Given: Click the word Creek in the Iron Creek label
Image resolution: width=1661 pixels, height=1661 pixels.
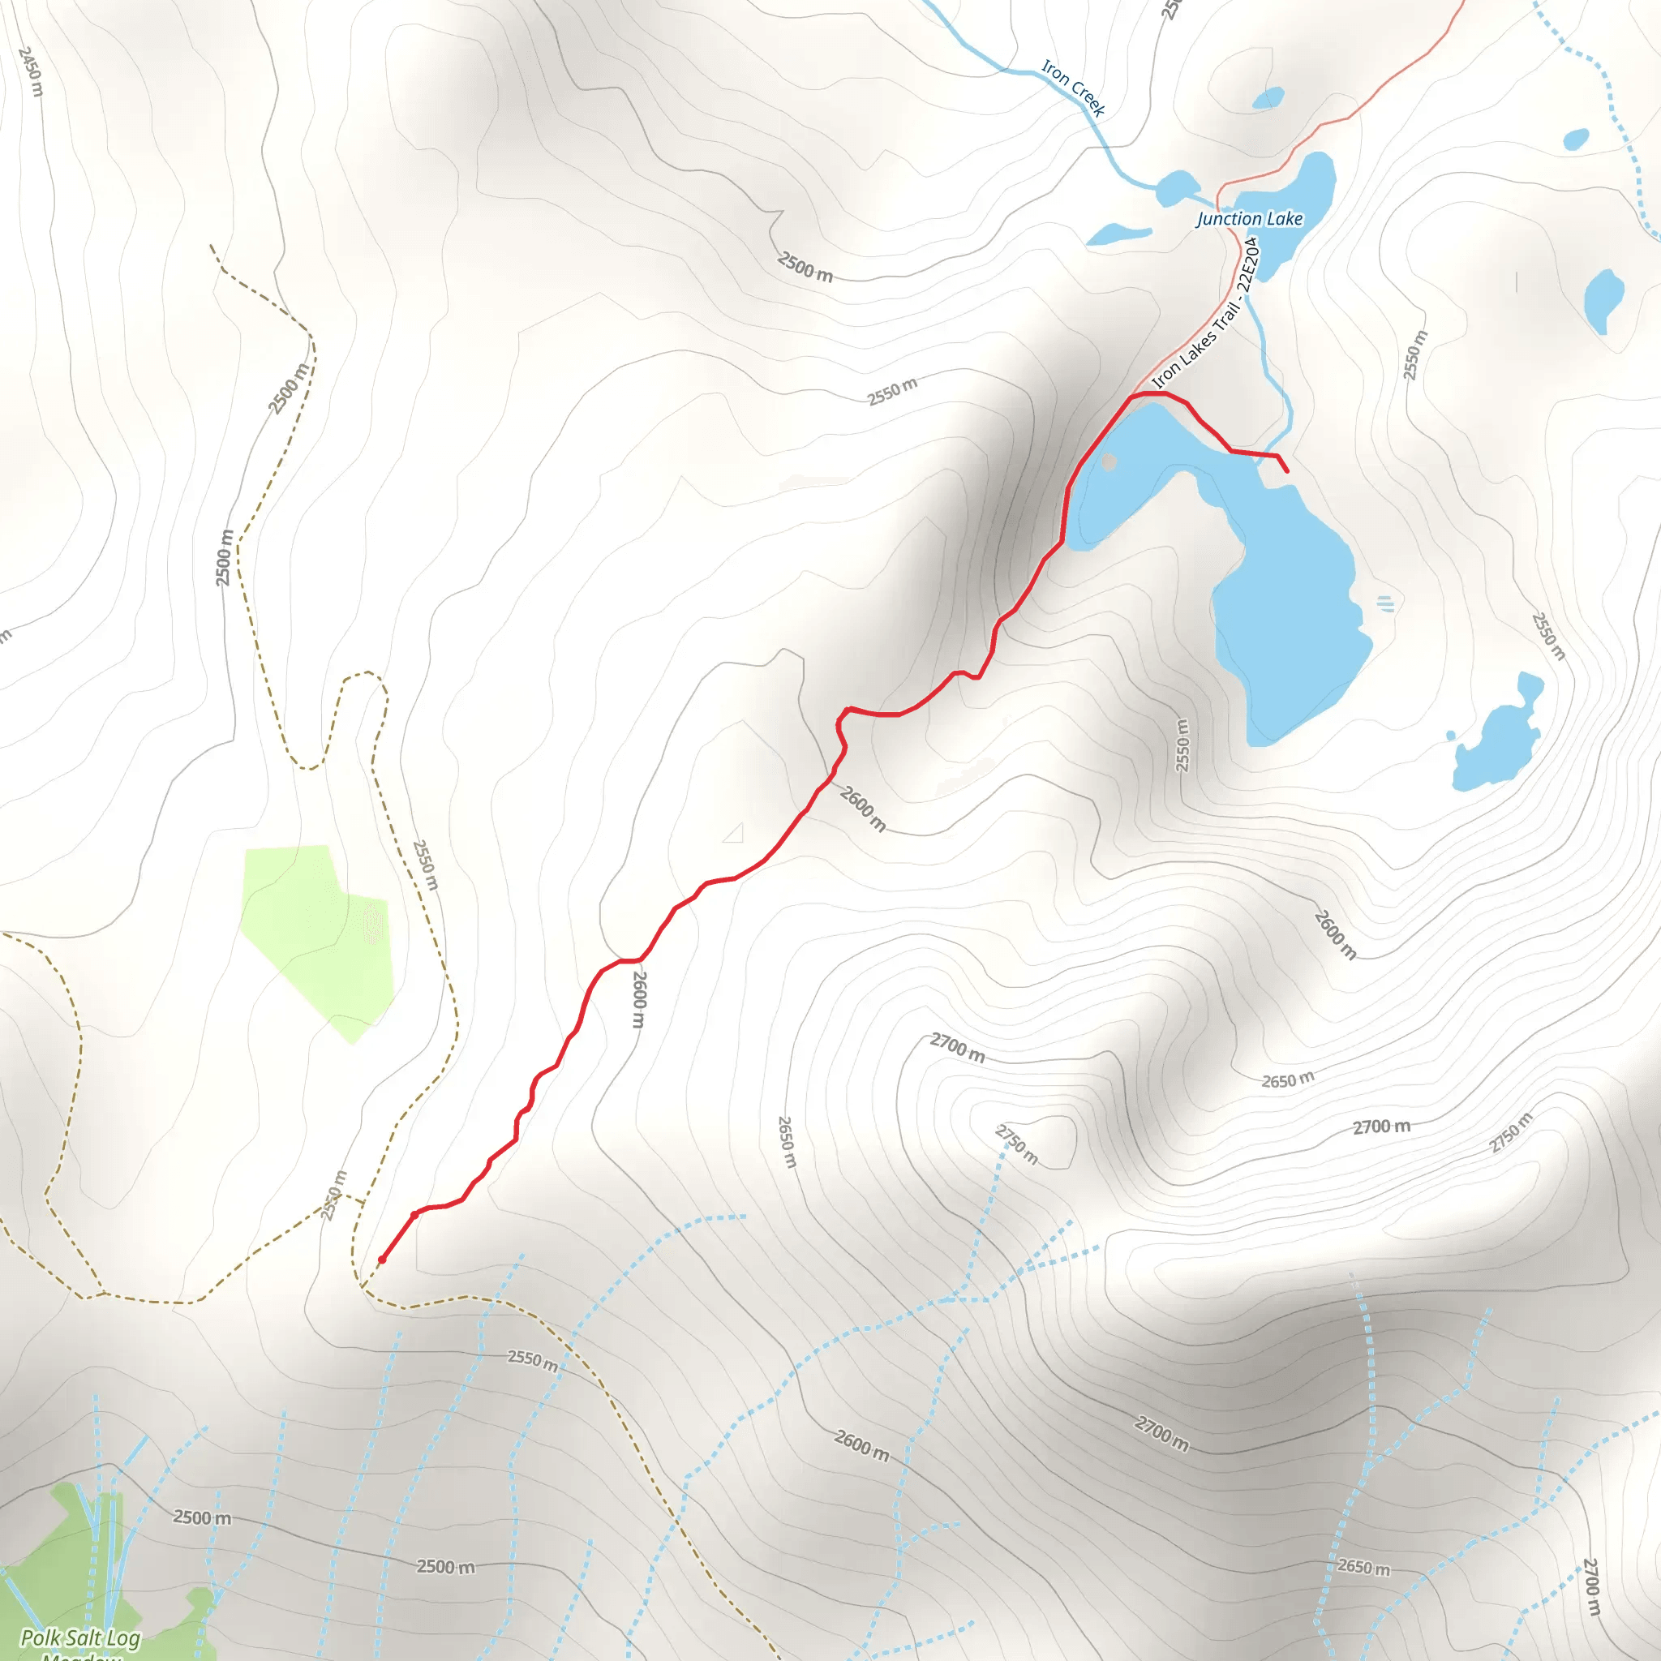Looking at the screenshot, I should click(x=1088, y=100).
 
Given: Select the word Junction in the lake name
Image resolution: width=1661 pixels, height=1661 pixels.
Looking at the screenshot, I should click(x=1229, y=219).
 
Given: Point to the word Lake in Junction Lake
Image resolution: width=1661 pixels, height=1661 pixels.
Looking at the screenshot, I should click(x=1285, y=219).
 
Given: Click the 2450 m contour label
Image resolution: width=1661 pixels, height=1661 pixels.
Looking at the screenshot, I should click(x=30, y=71).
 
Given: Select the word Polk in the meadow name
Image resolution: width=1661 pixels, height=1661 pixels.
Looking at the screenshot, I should click(x=40, y=1637).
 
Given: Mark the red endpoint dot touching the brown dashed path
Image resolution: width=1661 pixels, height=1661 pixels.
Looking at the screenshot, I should click(x=382, y=1260).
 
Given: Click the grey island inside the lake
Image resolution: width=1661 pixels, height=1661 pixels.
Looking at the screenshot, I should click(x=1109, y=462).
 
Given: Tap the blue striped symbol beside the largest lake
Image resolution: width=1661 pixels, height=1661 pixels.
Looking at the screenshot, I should click(x=1385, y=603).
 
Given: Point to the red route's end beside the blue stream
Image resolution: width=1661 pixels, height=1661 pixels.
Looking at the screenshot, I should click(x=1286, y=471).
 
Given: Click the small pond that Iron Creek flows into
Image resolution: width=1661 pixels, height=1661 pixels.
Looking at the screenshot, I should click(x=1175, y=187).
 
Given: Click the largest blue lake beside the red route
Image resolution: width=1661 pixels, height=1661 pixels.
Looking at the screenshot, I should click(x=1281, y=619).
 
